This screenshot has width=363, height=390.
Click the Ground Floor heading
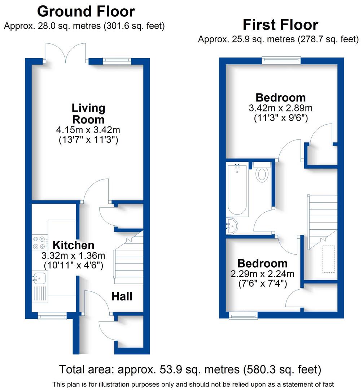coord(86,12)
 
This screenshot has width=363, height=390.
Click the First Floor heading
coord(280,25)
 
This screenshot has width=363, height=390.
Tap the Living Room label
coord(88,113)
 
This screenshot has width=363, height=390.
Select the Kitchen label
coord(74,245)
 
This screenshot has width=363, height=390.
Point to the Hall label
coord(122,296)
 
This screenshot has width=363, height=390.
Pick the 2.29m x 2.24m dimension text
coord(262,274)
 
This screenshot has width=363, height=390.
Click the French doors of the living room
coord(65,54)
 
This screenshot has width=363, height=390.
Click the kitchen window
coord(52,317)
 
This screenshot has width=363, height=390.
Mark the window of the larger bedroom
coord(281,60)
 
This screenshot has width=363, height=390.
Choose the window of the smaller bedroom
coord(244,316)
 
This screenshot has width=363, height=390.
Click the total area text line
coord(190,369)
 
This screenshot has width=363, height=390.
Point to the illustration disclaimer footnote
coord(193,384)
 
